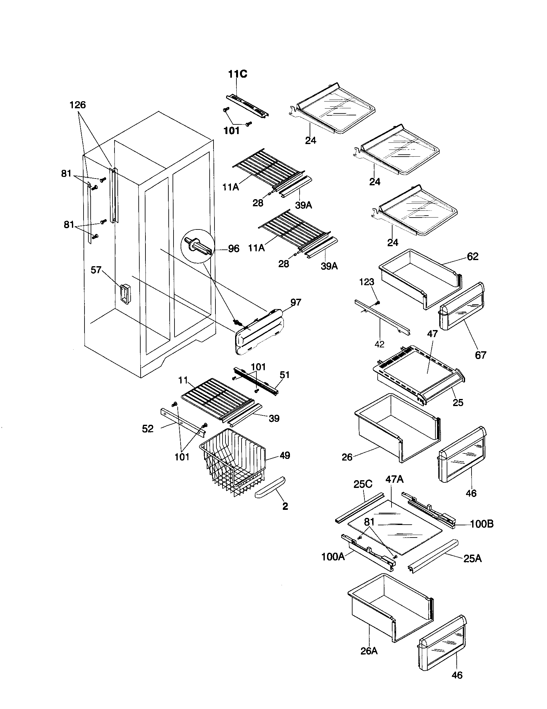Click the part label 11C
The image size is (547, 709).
[237, 74]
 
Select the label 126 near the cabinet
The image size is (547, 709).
[78, 105]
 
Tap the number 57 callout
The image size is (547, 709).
[96, 270]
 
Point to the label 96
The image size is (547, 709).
[234, 249]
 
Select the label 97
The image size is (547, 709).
[295, 302]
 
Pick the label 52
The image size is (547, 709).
[148, 429]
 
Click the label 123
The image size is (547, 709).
[367, 282]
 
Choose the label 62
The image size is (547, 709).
[472, 257]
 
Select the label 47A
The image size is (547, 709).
[395, 479]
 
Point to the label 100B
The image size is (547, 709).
[482, 524]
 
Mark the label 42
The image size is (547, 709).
[379, 344]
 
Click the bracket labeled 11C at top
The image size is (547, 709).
[247, 106]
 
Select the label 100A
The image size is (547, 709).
[333, 557]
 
